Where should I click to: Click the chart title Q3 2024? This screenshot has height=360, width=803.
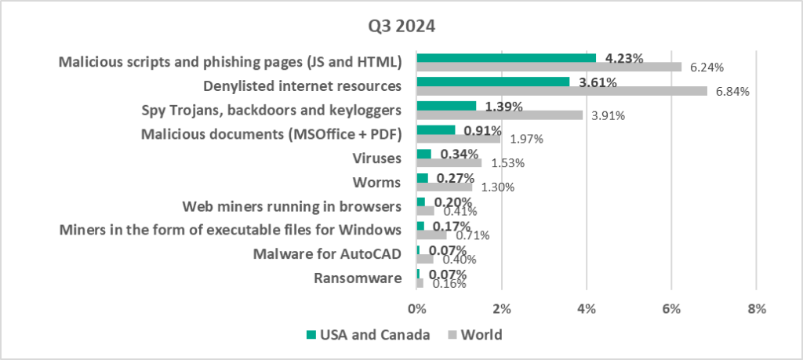pos(401,25)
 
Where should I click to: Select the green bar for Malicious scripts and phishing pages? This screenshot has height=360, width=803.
pos(506,57)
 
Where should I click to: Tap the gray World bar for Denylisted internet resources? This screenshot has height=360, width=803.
pos(561,91)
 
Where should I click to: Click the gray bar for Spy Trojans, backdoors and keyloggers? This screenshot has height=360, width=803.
pos(500,115)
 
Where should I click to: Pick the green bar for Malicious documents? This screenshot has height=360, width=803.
pos(436,129)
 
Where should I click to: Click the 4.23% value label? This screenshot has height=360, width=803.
pos(623,58)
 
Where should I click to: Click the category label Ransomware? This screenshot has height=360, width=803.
pos(358,278)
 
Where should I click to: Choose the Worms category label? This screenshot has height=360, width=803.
pos(380,182)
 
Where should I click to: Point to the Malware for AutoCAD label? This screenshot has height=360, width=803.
pos(327,254)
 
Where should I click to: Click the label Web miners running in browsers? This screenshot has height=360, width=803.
pos(292,206)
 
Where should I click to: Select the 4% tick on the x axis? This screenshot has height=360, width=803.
pos(586,308)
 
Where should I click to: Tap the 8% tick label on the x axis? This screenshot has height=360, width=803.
pos(756,308)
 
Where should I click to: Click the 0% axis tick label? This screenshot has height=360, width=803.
pos(416,308)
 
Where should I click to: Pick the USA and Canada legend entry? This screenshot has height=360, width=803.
pos(367,335)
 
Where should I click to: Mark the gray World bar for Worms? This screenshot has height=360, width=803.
pos(444,187)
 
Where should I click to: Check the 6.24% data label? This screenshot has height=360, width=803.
pos(706,67)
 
